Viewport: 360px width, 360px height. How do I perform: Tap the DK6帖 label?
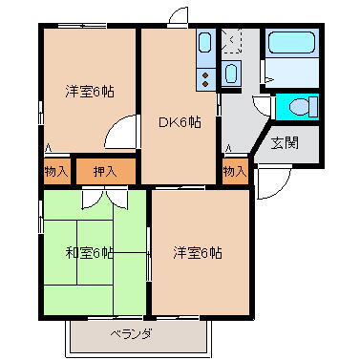coord(179,121)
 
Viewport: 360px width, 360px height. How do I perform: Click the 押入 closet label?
coord(106,172)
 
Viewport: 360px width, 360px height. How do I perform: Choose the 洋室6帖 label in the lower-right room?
coord(198,253)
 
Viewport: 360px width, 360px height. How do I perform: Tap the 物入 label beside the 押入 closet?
coord(56,172)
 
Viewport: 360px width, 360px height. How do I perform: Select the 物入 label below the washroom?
coord(234,172)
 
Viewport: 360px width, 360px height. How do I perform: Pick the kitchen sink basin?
coord(206,42)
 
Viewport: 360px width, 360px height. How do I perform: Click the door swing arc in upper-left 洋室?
coord(121,135)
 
